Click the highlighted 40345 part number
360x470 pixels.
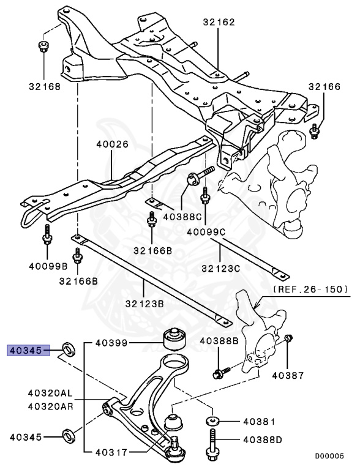(x=25, y=351)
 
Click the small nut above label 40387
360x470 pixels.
(x=290, y=338)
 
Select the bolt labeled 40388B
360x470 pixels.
(x=220, y=372)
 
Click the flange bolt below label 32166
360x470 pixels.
(x=315, y=130)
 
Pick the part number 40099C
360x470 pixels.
(x=206, y=233)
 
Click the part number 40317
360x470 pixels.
(x=112, y=453)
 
